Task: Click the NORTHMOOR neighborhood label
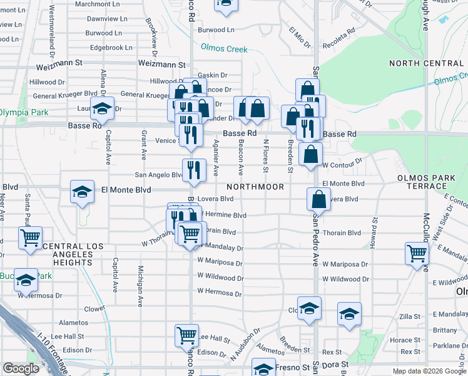click(x=255, y=187)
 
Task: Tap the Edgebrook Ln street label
click(x=111, y=47)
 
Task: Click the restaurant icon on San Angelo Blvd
click(x=194, y=170)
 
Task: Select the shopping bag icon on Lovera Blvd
click(x=318, y=201)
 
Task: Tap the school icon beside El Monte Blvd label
click(x=82, y=192)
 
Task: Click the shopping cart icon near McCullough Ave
click(x=417, y=254)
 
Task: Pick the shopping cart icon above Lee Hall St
click(x=187, y=336)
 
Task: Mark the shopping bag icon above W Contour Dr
click(x=310, y=154)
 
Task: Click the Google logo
click(x=21, y=368)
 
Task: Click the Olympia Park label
click(x=23, y=112)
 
